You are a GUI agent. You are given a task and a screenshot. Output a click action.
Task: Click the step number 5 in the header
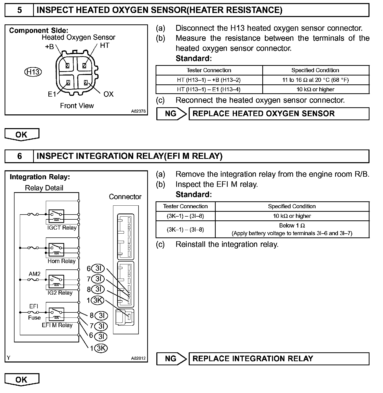point(19,10)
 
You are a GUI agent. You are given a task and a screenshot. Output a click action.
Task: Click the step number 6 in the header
point(19,156)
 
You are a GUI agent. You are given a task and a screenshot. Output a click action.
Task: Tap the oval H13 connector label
point(33,72)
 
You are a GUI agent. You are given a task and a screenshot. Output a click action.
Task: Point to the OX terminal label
point(108,94)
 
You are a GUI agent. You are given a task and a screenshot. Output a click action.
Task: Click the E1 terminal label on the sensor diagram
point(52,94)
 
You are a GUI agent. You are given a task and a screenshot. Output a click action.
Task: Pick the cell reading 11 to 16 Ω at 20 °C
point(316,80)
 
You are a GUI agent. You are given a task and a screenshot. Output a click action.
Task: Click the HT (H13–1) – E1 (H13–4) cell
point(209,89)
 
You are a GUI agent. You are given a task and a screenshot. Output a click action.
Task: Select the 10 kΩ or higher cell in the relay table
point(292,216)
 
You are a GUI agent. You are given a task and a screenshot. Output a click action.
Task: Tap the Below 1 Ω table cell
point(292,229)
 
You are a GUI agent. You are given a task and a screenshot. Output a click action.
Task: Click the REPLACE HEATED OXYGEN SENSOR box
point(279,114)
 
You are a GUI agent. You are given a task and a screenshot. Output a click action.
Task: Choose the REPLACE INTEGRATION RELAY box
point(279,359)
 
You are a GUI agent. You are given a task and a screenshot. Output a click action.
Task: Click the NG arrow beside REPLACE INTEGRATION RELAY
point(171,359)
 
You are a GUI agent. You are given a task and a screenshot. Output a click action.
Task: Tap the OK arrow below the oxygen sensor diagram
point(22,134)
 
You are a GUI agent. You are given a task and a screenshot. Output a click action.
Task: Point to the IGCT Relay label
point(62,228)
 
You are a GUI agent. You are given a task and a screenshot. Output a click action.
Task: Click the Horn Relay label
point(62,261)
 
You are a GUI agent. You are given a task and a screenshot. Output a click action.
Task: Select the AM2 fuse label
point(35,274)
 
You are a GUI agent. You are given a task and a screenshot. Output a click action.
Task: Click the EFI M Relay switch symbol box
point(56,314)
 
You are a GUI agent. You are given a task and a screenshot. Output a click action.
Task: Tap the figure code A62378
point(138,111)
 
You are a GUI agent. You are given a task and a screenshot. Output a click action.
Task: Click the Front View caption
point(77,106)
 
